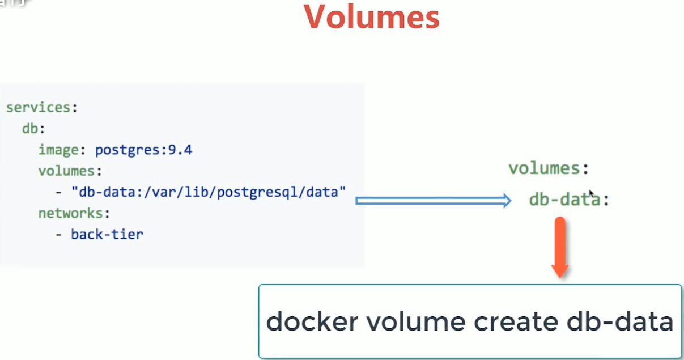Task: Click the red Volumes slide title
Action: (x=372, y=18)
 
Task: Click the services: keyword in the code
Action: (x=41, y=108)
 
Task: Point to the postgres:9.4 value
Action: (x=143, y=150)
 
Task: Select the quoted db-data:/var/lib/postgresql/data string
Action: (x=208, y=192)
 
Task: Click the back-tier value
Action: (x=107, y=234)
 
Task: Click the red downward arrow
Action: (x=560, y=247)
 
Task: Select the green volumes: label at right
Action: (x=548, y=168)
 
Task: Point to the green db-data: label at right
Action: (x=568, y=200)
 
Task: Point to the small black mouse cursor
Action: (x=591, y=193)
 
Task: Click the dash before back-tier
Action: (x=59, y=234)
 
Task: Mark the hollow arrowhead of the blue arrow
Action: (x=506, y=200)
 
